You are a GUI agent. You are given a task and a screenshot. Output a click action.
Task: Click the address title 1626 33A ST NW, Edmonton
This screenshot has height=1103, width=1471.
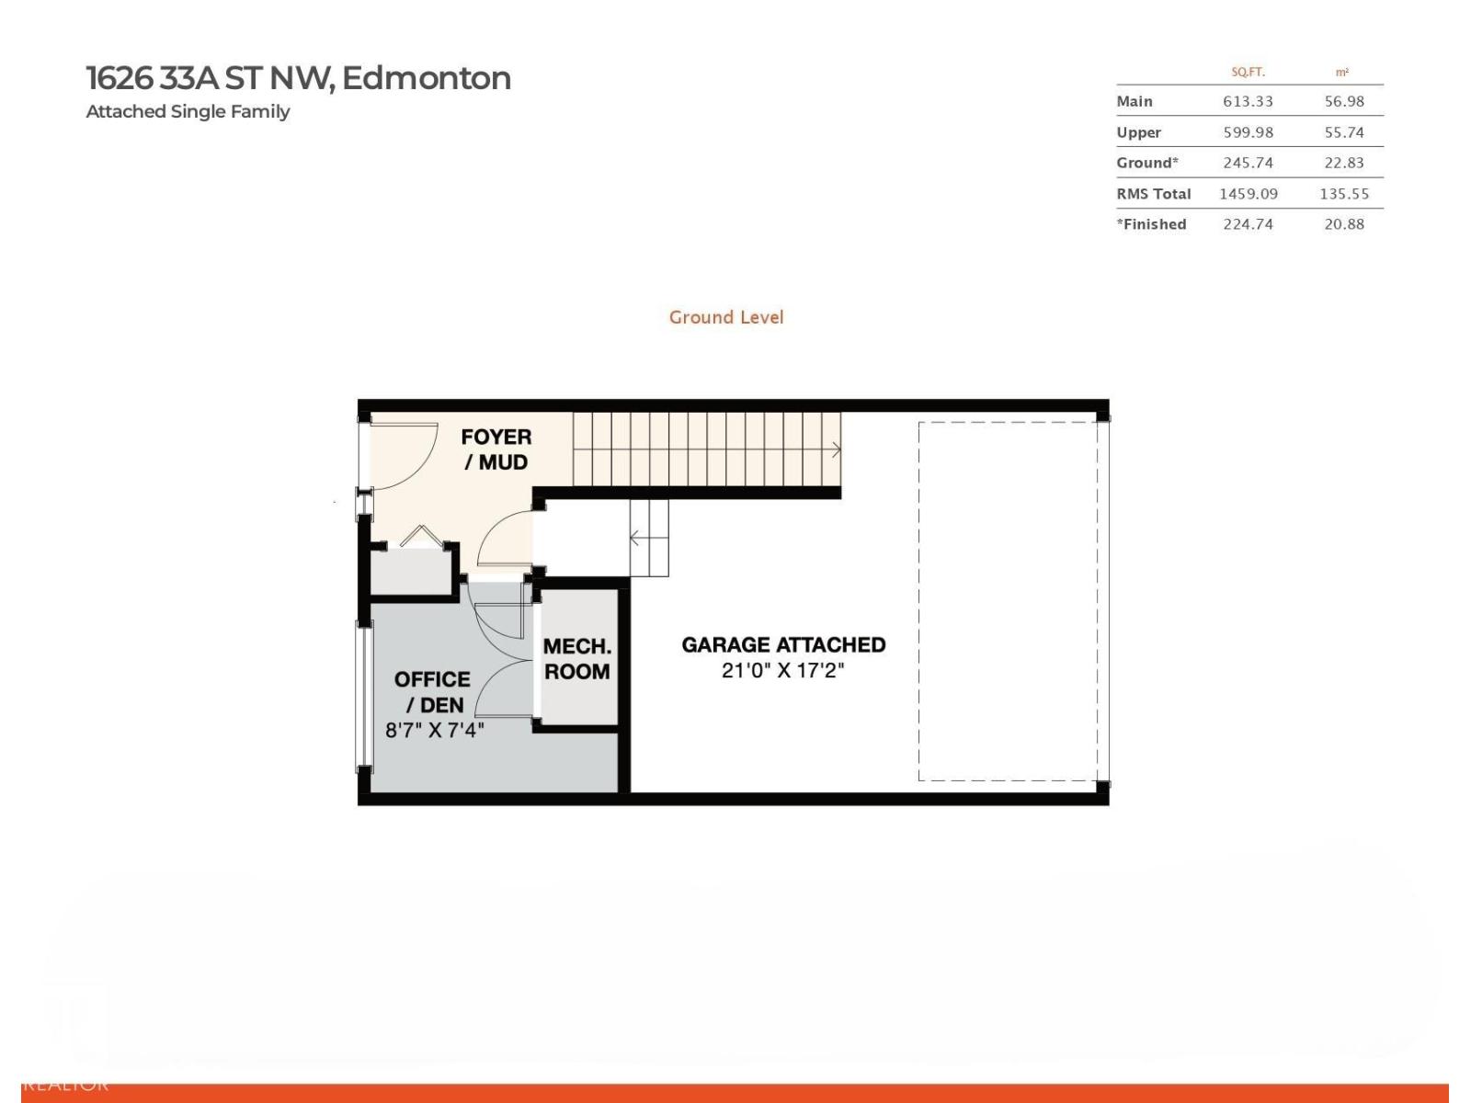(x=298, y=78)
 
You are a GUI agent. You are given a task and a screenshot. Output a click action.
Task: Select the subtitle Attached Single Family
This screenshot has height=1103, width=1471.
(x=188, y=111)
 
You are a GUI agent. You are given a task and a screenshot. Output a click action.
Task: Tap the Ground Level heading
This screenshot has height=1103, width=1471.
(x=726, y=317)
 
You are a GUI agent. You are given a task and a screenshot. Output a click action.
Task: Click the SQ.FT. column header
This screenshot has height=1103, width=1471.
(x=1248, y=72)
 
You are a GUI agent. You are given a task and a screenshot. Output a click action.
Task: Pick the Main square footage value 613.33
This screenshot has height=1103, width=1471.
(x=1248, y=101)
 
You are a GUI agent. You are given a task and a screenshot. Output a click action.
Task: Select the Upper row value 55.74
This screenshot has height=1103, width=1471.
(x=1343, y=132)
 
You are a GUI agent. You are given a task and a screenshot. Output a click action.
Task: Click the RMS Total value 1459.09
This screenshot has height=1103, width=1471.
(x=1248, y=194)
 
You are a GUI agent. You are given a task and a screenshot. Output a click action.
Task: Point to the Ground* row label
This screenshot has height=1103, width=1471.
(x=1146, y=163)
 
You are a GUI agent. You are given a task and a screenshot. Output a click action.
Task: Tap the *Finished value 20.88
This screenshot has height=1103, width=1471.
(x=1343, y=224)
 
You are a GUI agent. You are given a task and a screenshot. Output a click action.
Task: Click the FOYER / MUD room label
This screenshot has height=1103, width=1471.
(x=496, y=449)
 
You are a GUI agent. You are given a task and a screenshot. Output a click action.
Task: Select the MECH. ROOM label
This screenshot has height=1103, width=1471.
(x=577, y=659)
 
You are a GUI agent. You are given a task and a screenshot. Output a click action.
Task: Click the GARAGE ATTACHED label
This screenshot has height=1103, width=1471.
(x=783, y=644)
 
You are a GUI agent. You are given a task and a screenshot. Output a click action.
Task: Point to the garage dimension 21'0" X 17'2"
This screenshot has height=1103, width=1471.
(x=782, y=671)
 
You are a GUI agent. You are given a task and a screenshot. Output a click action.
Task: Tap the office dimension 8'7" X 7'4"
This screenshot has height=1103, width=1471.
(x=434, y=731)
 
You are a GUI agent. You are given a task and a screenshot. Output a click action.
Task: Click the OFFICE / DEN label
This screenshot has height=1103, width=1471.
(x=432, y=692)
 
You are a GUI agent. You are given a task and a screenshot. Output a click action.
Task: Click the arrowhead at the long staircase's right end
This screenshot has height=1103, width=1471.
(x=836, y=449)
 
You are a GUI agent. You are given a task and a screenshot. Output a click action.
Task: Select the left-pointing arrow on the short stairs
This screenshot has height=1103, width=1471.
(x=635, y=538)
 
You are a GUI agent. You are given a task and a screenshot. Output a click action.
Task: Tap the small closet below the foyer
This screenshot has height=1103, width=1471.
(x=411, y=573)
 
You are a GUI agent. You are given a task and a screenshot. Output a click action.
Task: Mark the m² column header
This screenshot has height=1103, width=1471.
(x=1342, y=72)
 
